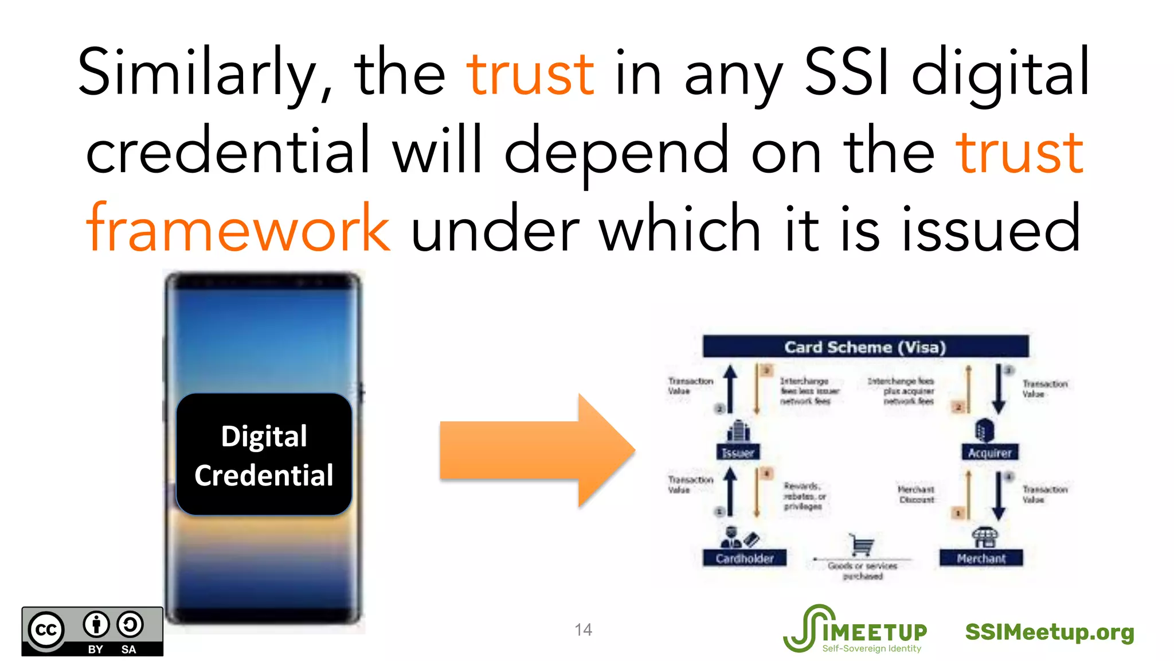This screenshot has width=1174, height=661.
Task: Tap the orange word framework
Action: (x=238, y=228)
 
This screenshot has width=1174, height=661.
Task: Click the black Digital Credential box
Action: (x=264, y=455)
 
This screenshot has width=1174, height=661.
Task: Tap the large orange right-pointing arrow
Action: (x=537, y=450)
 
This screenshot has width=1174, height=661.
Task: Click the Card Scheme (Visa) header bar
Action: (x=865, y=347)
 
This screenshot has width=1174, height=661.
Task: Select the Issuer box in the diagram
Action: (x=738, y=452)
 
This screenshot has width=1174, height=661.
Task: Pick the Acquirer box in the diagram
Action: (x=989, y=452)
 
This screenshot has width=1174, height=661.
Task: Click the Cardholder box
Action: (x=744, y=558)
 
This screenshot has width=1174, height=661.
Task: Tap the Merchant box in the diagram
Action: (x=981, y=558)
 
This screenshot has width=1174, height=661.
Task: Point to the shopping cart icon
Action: (x=862, y=545)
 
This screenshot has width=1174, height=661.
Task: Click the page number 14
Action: (x=583, y=630)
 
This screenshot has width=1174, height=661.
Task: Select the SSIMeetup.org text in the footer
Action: (x=1050, y=632)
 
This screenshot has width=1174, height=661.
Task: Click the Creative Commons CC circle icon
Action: (x=46, y=630)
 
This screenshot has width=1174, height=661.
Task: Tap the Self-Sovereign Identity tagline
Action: (x=871, y=648)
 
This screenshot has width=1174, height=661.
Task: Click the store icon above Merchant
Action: (x=984, y=538)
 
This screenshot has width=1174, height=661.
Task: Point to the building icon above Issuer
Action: (x=738, y=431)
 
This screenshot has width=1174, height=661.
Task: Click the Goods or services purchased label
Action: (x=862, y=570)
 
